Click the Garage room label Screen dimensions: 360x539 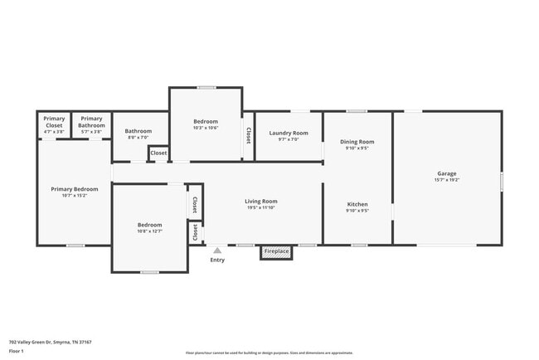[446, 174]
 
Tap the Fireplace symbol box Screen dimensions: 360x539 [276, 251]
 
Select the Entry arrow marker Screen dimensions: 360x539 [217, 250]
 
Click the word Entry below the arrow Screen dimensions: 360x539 [217, 260]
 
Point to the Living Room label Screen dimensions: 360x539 [260, 202]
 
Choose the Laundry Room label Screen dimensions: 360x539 [288, 133]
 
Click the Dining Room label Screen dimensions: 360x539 [357, 142]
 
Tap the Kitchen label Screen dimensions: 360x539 [357, 204]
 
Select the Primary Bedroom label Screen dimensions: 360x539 [75, 189]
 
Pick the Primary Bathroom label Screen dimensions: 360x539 [91, 122]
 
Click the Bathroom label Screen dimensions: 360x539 [138, 131]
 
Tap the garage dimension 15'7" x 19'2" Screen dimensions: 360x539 [446, 180]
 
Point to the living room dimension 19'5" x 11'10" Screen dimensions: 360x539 [260, 208]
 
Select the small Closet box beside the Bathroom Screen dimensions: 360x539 [158, 153]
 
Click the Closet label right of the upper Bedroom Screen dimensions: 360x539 [247, 134]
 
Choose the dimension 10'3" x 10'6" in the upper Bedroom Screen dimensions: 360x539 [205, 128]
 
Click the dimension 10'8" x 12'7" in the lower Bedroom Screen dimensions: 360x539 [149, 231]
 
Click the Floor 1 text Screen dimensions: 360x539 [17, 351]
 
